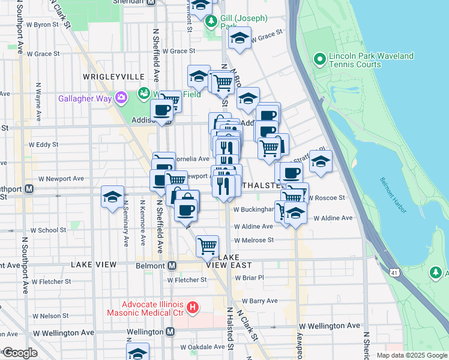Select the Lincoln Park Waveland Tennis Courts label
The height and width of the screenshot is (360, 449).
[371, 60]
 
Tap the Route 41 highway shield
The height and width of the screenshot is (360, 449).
[394, 273]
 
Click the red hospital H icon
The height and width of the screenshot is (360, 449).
[193, 308]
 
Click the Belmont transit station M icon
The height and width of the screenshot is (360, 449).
[172, 265]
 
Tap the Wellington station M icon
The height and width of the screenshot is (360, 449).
[170, 331]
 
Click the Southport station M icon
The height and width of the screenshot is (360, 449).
[29, 188]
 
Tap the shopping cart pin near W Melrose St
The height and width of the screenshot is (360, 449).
[207, 245]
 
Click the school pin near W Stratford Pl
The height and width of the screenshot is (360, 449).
[321, 161]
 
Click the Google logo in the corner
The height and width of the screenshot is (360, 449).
[20, 353]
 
